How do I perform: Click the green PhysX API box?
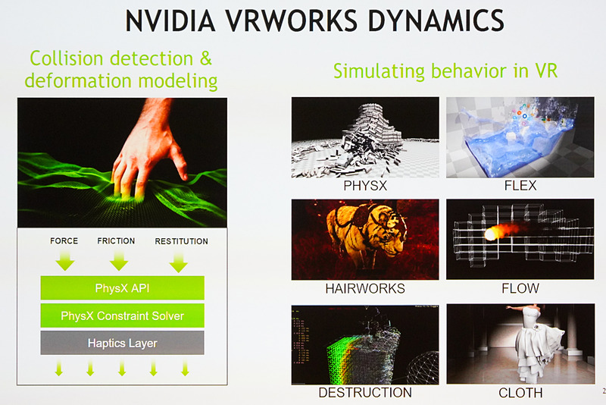(x=122, y=287)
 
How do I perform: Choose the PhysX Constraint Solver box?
(x=122, y=315)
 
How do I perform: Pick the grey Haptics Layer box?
(x=122, y=343)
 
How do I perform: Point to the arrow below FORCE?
(x=64, y=262)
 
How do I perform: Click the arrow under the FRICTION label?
(x=118, y=262)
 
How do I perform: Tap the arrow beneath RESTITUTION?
(x=179, y=262)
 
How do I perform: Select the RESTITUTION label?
(x=181, y=241)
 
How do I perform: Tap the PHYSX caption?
(x=364, y=185)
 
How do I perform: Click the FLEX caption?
(x=520, y=185)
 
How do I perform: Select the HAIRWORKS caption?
(x=364, y=288)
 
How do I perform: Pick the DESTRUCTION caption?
(x=364, y=392)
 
